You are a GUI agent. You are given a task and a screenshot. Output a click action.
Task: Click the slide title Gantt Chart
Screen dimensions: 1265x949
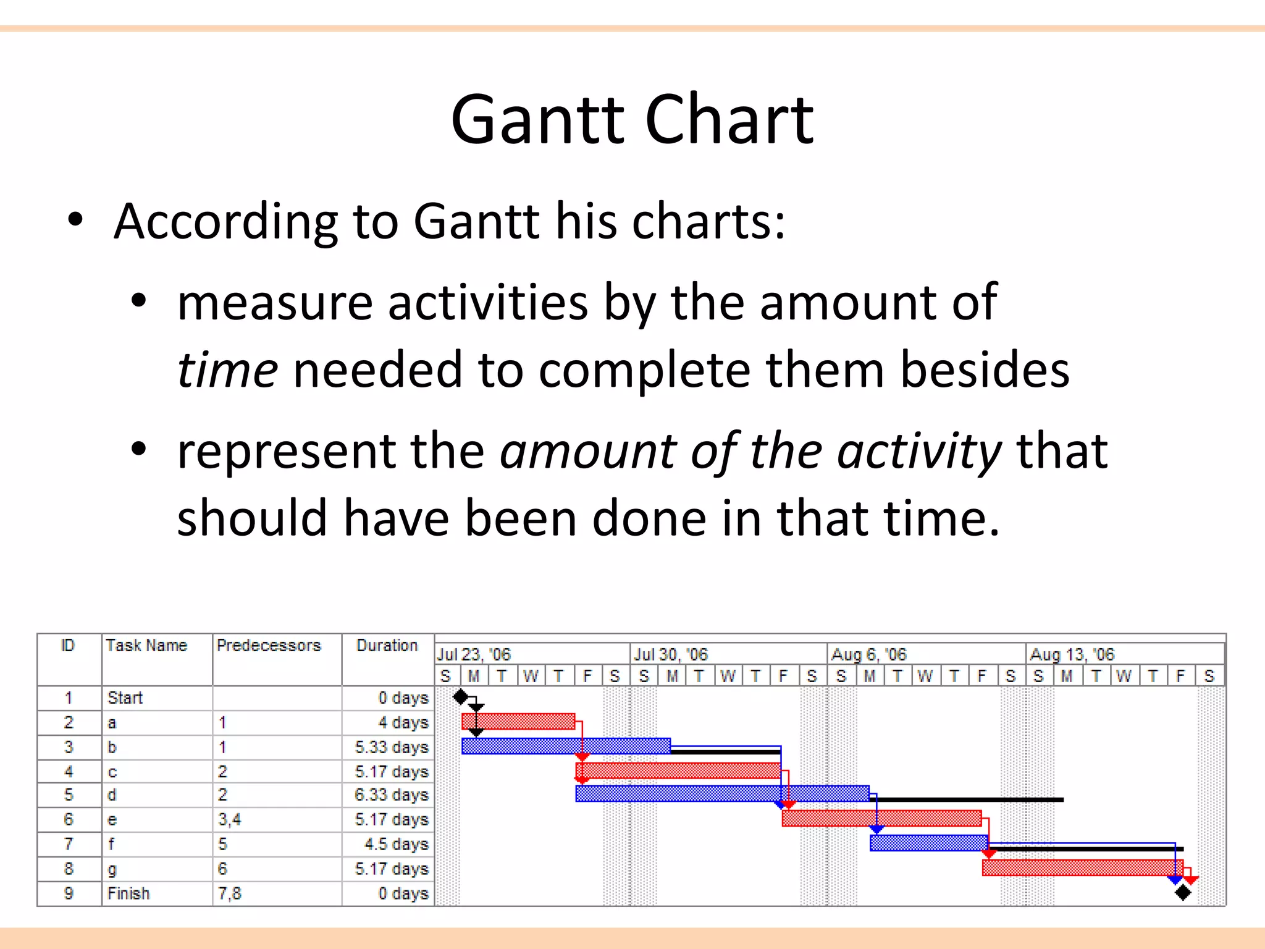point(632,119)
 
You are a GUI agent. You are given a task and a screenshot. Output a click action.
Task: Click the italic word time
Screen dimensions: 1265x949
point(227,369)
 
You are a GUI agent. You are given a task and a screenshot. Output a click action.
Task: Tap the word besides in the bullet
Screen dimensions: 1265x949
point(985,369)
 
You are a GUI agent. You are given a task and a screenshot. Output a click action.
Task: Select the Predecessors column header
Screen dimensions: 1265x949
point(269,646)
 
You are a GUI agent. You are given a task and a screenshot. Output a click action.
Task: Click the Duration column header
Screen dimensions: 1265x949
point(387,646)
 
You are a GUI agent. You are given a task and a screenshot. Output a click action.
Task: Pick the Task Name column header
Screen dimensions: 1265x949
point(146,646)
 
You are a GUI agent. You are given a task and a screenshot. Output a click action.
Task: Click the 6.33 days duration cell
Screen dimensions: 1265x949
point(392,795)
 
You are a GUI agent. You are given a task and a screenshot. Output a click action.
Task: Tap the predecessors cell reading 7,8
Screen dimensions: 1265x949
point(229,893)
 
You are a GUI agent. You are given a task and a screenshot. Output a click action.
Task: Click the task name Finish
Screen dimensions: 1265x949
point(128,893)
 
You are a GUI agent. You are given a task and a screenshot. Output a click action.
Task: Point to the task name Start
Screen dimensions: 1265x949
point(125,698)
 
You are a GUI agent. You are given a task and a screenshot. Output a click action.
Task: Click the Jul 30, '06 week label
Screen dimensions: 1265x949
point(670,654)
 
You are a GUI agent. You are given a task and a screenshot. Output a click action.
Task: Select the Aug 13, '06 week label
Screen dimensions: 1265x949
point(1072,654)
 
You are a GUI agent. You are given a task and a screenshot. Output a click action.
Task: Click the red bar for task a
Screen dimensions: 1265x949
point(519,722)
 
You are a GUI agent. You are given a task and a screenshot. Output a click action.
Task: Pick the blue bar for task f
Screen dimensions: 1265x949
point(929,843)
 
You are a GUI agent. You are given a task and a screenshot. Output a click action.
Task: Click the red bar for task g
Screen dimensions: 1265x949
point(1083,867)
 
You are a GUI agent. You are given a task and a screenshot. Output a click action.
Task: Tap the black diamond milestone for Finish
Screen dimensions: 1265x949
point(1183,893)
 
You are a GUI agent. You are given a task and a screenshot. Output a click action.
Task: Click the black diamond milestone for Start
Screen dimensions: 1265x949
point(460,698)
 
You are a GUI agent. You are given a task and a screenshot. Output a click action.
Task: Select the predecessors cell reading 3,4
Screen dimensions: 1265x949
point(229,820)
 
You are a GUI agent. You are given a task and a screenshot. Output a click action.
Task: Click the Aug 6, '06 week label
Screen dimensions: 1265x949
point(868,654)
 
